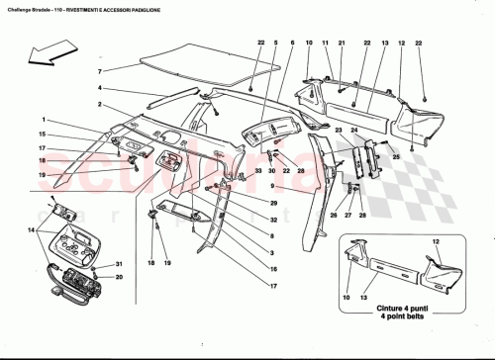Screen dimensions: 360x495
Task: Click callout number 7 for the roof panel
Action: (100, 72)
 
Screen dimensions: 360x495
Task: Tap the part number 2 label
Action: (100, 104)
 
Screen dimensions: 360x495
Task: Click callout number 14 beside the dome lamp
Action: (32, 230)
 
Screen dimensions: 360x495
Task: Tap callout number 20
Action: (119, 278)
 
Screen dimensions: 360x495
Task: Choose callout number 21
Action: (341, 44)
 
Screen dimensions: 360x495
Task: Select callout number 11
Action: (325, 44)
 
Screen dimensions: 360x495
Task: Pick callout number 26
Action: (334, 214)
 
